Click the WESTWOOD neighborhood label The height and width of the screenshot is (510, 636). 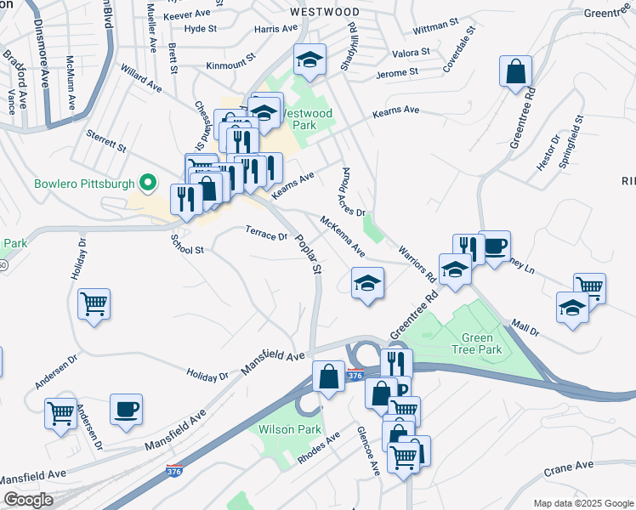[324, 13]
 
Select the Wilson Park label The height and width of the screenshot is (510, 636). [290, 429]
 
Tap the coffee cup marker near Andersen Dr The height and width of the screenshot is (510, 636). [126, 409]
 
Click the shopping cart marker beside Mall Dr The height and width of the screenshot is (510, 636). [589, 287]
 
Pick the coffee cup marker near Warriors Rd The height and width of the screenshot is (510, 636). [494, 246]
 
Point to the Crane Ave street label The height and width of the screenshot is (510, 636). [569, 466]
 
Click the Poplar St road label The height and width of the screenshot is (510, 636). [308, 254]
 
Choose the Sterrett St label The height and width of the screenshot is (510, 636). [106, 140]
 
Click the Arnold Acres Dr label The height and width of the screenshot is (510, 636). [350, 194]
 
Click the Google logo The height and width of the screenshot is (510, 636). [27, 500]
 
